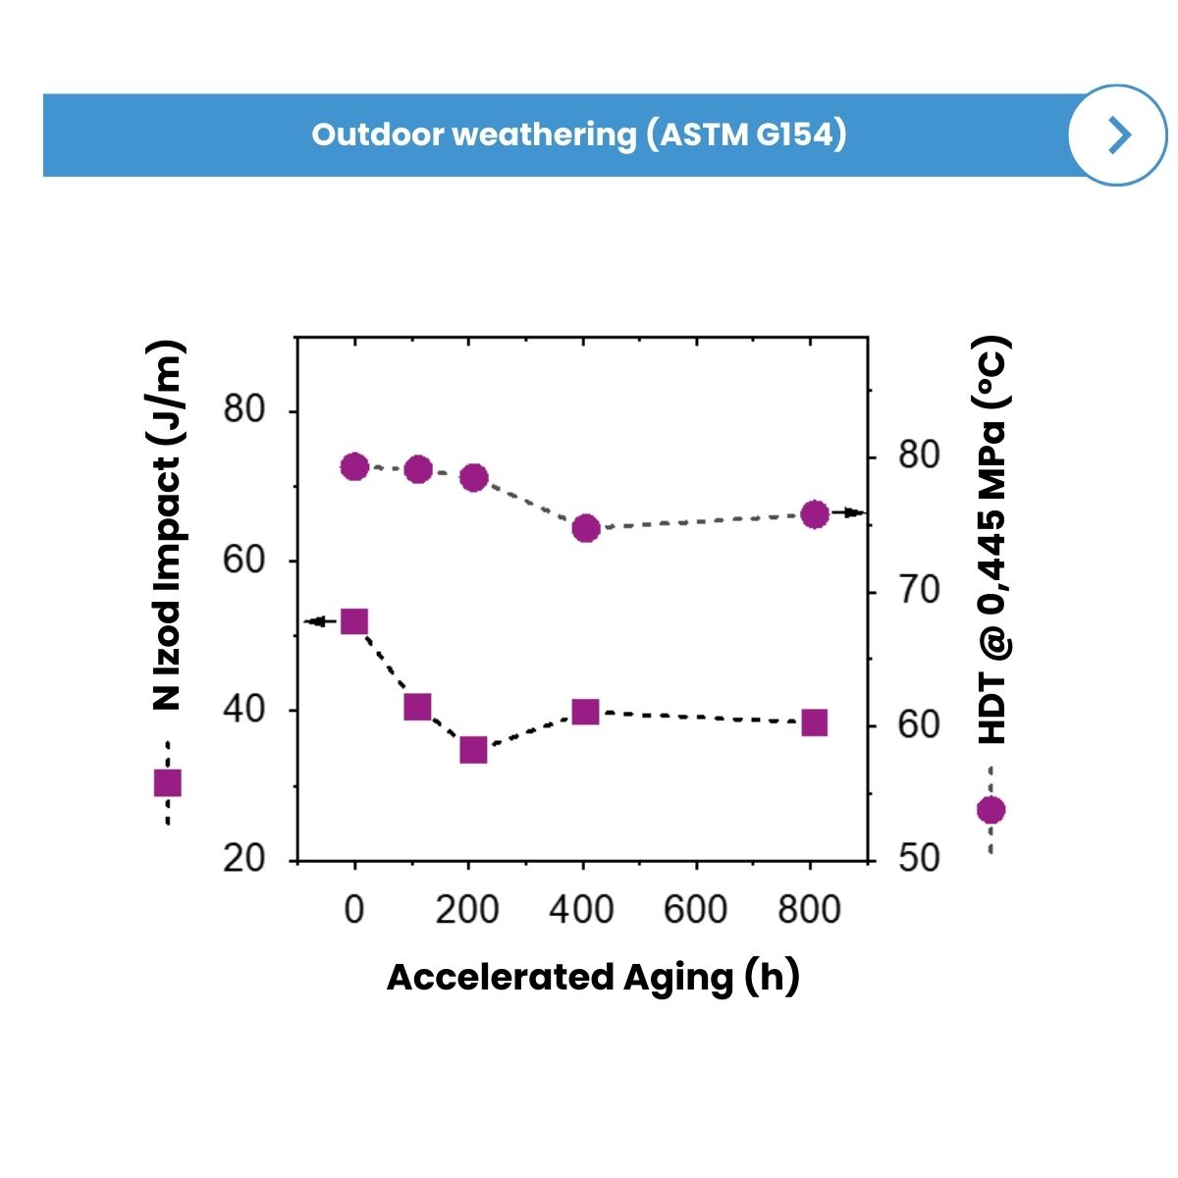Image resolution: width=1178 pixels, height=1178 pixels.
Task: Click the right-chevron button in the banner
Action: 1117,134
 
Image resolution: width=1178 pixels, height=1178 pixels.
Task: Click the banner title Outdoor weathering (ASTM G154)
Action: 578,134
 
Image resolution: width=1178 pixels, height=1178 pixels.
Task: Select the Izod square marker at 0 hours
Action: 354,621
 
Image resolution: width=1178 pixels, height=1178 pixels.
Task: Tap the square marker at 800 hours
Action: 814,723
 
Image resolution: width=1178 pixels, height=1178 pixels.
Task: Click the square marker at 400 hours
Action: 586,712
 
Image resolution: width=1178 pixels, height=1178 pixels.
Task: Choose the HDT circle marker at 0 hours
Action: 354,467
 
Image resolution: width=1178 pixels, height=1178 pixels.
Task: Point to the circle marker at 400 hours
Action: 586,528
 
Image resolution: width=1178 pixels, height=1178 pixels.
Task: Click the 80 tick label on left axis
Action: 243,409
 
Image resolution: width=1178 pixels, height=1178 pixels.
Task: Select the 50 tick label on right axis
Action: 918,858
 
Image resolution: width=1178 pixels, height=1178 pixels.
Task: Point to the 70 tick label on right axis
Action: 918,591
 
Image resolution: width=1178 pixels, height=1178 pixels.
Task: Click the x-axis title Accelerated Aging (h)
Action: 593,977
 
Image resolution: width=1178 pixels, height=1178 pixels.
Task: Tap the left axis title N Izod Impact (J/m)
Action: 166,525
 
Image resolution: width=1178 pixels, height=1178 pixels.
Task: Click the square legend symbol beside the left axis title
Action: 168,782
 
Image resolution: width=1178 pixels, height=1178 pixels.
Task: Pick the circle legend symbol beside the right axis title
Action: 991,810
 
